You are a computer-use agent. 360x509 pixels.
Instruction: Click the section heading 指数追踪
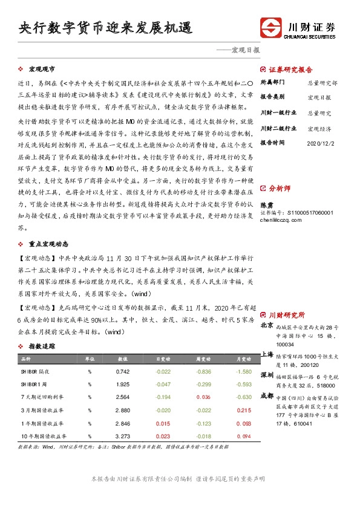(x=42, y=346)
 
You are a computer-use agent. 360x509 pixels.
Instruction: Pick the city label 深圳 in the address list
(x=267, y=375)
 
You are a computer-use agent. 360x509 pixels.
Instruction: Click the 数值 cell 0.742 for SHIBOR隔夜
(x=122, y=371)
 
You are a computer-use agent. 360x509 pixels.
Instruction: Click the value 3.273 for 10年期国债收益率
(x=122, y=435)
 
